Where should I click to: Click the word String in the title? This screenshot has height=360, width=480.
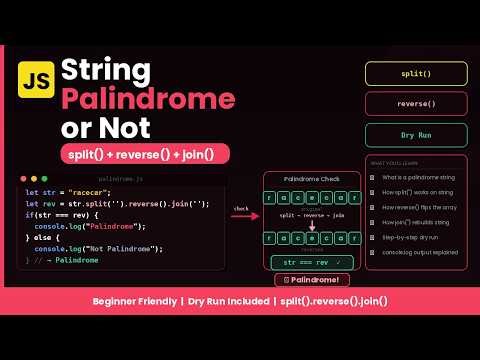click(x=108, y=70)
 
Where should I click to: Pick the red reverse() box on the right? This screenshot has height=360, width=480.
click(x=415, y=103)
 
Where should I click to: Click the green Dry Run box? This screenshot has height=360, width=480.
click(x=415, y=135)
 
